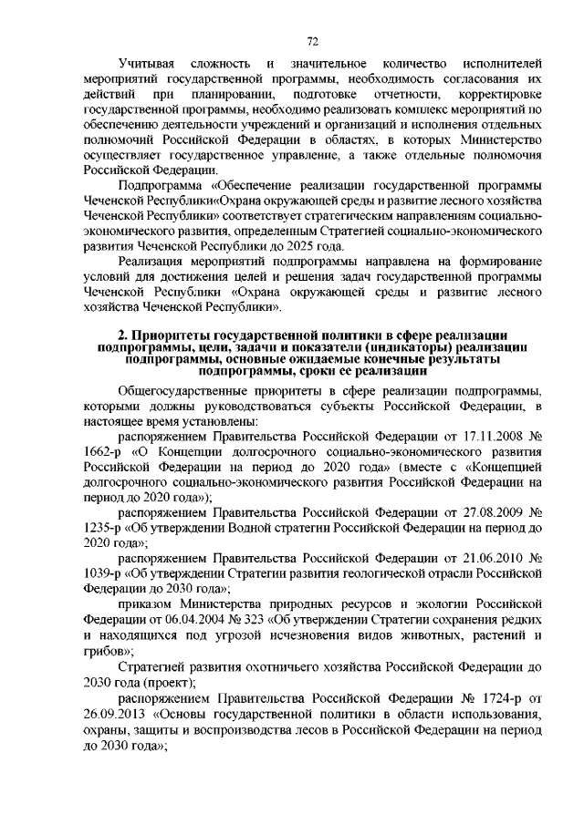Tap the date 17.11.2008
pos(490,436)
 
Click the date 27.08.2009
pos(490,512)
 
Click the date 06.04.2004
pos(193,620)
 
